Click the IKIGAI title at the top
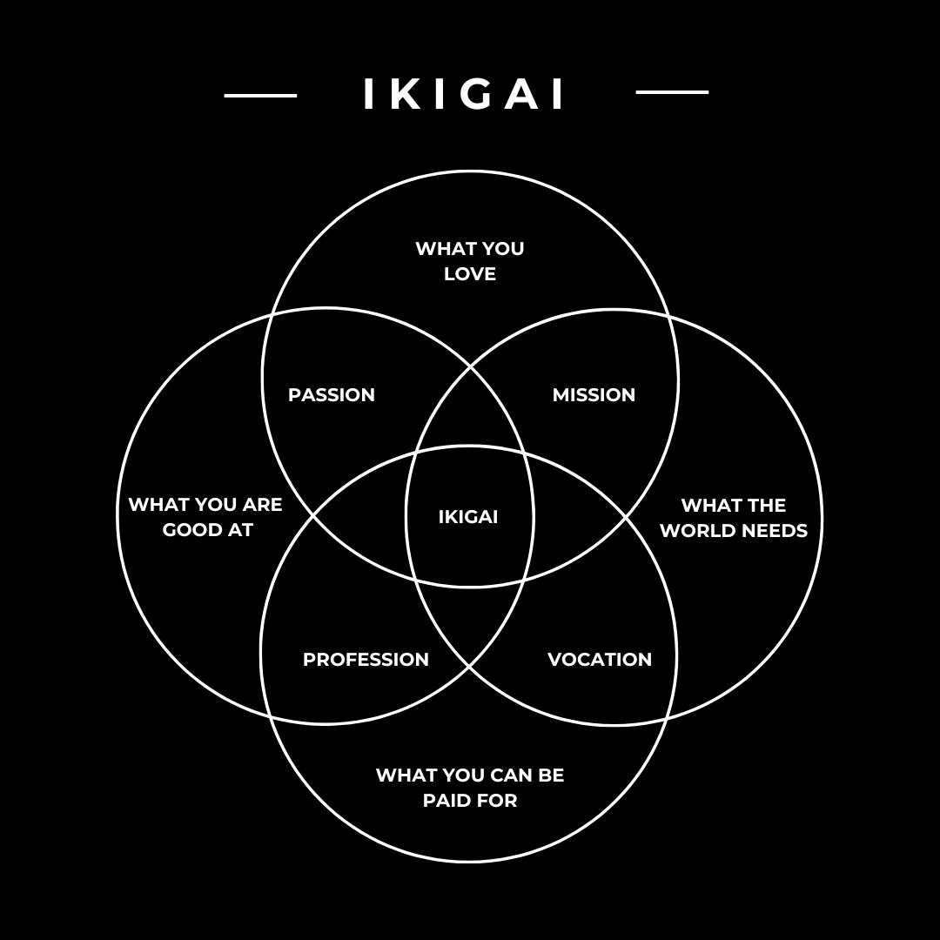[465, 94]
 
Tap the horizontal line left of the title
[260, 95]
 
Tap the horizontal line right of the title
[672, 91]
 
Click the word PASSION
[332, 395]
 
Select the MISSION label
[594, 395]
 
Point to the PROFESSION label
[366, 660]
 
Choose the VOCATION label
[600, 660]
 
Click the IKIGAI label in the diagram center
[468, 517]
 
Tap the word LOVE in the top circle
[470, 274]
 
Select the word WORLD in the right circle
[696, 531]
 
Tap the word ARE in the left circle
[261, 505]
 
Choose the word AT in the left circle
[240, 530]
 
